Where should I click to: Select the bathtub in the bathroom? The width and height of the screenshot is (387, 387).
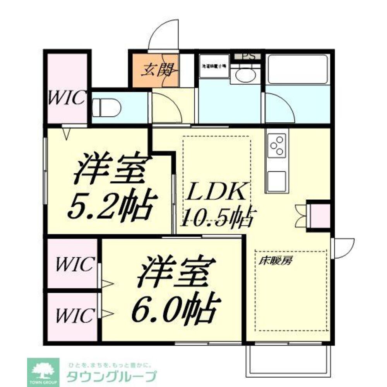coord(298,69)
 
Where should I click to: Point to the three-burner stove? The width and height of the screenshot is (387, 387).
coord(277,145)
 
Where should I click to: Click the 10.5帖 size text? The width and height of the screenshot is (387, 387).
coord(219,217)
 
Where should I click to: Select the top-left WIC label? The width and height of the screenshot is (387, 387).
coord(66,98)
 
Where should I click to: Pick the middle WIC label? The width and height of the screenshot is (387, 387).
coord(74,264)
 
